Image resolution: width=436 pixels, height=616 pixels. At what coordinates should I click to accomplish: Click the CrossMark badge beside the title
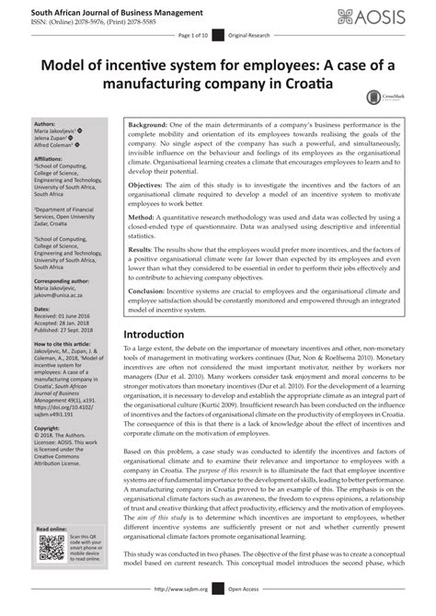click(378, 97)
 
